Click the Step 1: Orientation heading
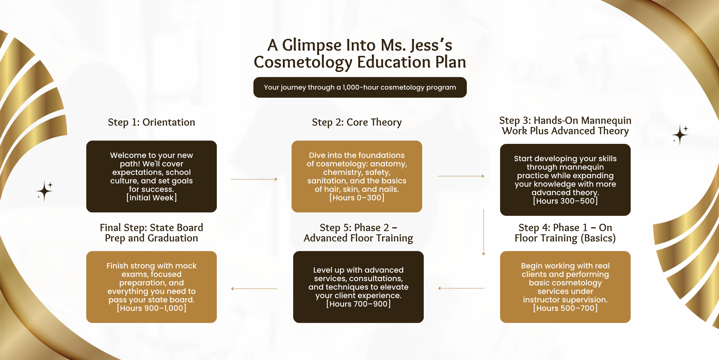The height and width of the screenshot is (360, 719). (151, 122)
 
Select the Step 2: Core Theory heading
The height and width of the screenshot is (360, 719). (357, 122)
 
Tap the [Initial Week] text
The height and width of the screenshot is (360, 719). (151, 198)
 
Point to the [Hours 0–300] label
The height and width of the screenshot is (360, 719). (357, 198)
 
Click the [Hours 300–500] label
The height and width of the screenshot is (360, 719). (565, 201)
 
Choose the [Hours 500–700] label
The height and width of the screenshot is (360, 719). (565, 308)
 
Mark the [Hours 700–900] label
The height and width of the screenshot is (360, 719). (358, 304)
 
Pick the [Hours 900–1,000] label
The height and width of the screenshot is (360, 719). (151, 308)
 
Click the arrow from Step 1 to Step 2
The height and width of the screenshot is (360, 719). (254, 179)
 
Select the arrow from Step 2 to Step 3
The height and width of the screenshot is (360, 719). (461, 176)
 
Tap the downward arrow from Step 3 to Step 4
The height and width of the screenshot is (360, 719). (484, 232)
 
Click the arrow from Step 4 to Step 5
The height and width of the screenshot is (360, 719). (461, 288)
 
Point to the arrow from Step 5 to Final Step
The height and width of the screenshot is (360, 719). (254, 289)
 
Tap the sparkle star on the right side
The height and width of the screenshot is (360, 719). (680, 135)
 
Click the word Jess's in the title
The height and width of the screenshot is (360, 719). (431, 45)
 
